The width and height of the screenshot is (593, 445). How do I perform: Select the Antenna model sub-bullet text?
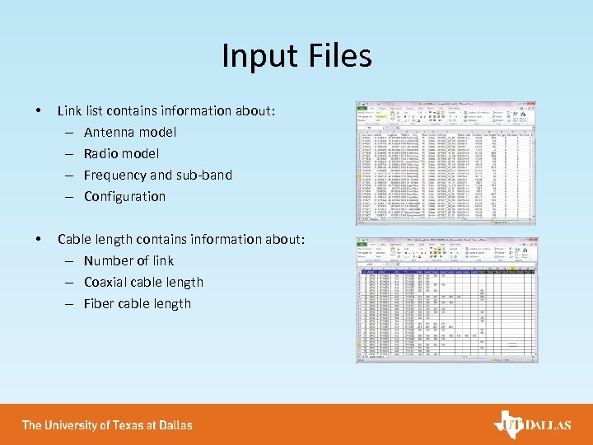[130, 132]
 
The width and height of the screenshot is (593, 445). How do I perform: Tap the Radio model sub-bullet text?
[121, 153]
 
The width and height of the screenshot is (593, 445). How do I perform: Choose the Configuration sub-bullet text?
[124, 196]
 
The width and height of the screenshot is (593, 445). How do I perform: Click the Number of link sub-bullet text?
[128, 260]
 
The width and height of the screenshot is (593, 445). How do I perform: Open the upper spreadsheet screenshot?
[446, 163]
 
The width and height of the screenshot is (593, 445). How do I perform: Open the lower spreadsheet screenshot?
[446, 299]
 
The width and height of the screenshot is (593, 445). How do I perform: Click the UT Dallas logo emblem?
[507, 424]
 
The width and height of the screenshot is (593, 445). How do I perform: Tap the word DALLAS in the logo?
[548, 425]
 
